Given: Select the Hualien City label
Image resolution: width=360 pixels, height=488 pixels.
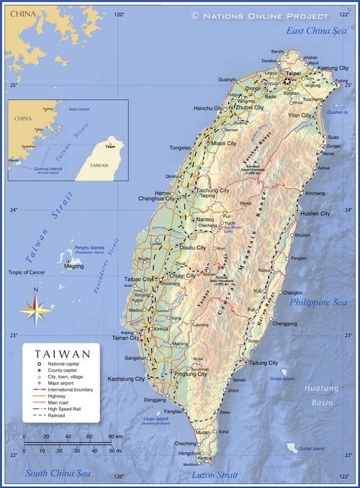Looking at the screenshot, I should point(315,214).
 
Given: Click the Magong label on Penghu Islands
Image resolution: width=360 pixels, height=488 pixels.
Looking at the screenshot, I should point(73,266).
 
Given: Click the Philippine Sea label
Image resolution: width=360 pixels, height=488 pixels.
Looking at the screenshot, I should point(318,302).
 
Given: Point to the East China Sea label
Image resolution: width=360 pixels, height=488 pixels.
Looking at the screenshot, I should point(315,30).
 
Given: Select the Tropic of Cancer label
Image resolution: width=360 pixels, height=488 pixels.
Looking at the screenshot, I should point(26,272).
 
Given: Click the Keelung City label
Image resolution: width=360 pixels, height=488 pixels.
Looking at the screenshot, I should point(333,68).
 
